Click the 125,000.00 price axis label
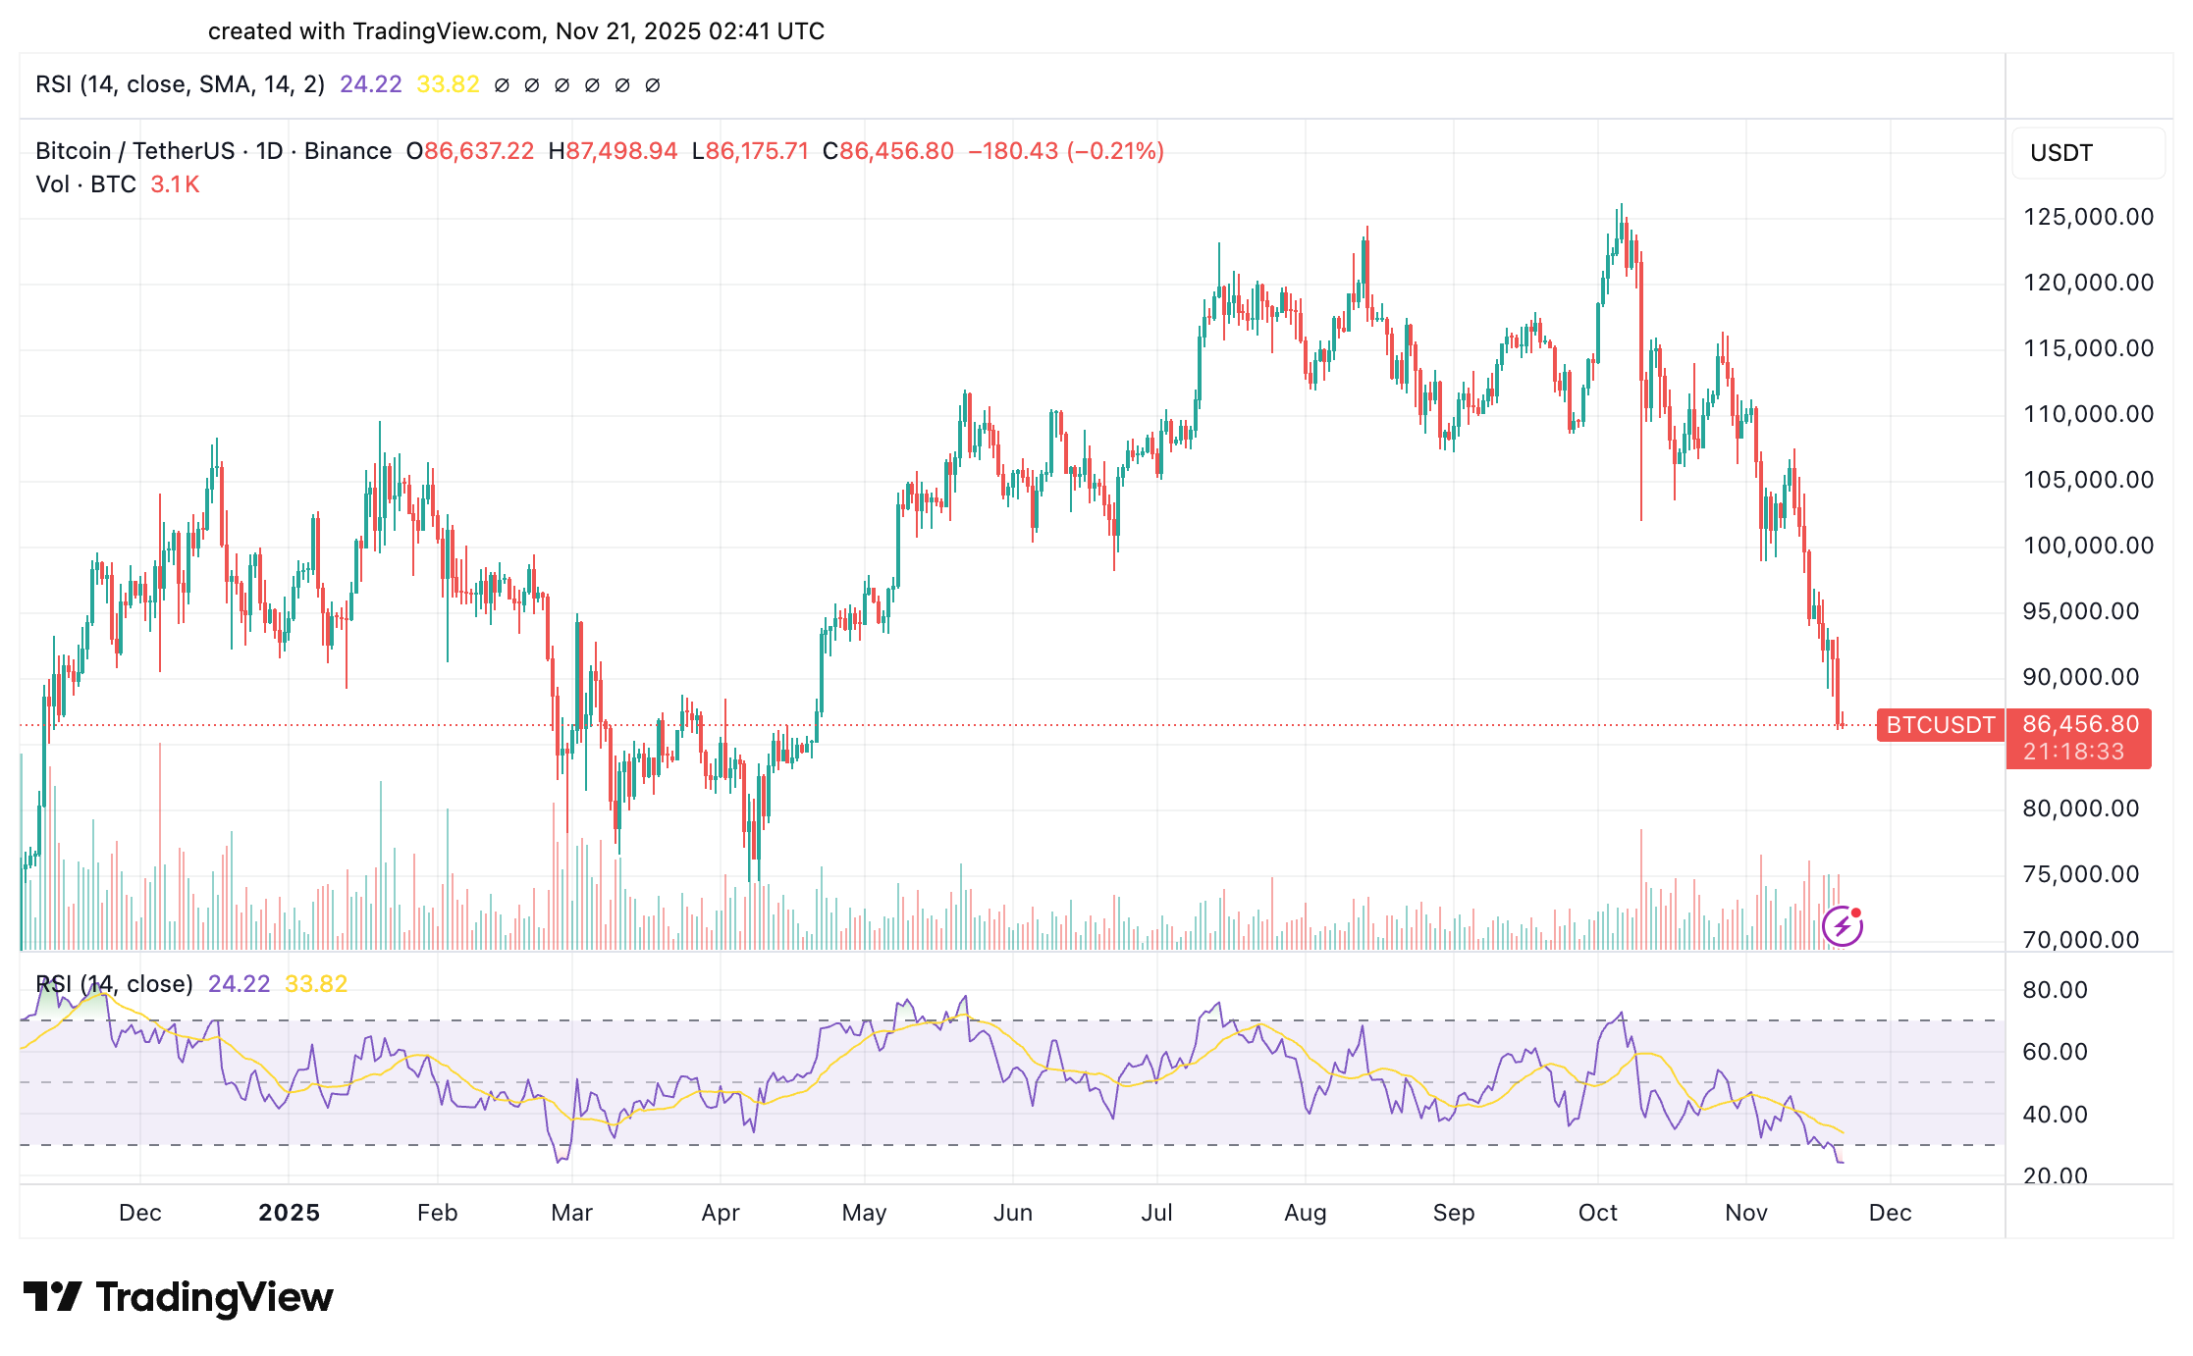click(x=2088, y=217)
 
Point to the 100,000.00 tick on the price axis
click(x=2088, y=546)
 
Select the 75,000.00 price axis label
click(x=2080, y=874)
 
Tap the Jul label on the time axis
click(x=1156, y=1213)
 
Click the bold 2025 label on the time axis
click(x=289, y=1213)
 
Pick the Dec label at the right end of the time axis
click(x=1890, y=1213)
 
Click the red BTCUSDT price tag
click(x=1940, y=725)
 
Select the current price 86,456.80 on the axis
click(x=2080, y=724)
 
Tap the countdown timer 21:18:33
click(x=2073, y=752)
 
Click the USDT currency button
click(x=2061, y=153)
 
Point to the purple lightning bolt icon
click(x=1842, y=925)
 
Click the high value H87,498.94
click(x=614, y=151)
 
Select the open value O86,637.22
click(x=470, y=151)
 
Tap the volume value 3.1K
click(x=175, y=184)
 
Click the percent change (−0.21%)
click(x=1115, y=151)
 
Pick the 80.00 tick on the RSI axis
click(x=2055, y=990)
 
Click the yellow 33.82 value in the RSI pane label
click(x=316, y=984)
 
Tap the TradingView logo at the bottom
click(x=179, y=1297)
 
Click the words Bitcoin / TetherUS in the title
click(x=134, y=151)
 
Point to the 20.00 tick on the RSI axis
click(x=2055, y=1175)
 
